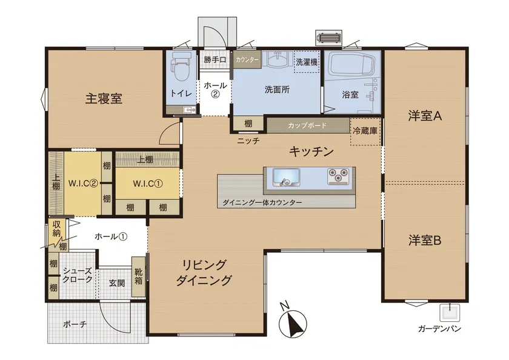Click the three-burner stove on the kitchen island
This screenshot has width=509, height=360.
tap(338, 176)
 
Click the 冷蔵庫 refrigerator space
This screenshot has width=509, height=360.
tap(365, 131)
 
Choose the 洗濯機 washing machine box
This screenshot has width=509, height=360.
tap(307, 62)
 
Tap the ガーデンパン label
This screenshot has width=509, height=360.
tap(439, 329)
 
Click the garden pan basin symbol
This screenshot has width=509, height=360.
tap(450, 312)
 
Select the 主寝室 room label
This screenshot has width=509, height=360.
tap(104, 98)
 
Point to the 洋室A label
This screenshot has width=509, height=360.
tap(425, 116)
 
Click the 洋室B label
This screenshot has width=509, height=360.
tap(425, 241)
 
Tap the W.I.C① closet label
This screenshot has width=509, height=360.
tap(148, 184)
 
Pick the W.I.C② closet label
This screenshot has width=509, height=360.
tap(83, 184)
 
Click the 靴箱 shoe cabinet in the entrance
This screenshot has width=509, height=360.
tap(139, 276)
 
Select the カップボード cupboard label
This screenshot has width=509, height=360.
tap(307, 125)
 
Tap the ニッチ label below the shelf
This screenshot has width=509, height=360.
tap(248, 141)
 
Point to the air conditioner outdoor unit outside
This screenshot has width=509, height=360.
tap(329, 38)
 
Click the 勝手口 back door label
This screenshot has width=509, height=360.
tap(215, 60)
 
